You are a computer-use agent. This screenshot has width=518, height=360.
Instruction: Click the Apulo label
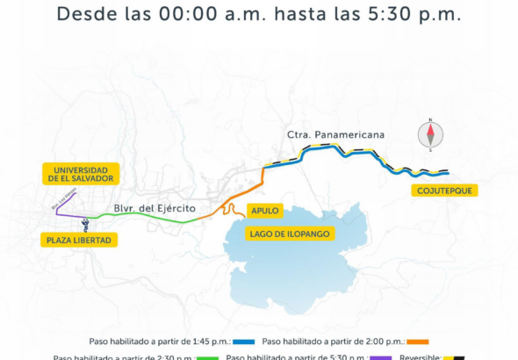(x=264, y=211)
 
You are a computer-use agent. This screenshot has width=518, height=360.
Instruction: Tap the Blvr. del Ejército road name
(x=154, y=208)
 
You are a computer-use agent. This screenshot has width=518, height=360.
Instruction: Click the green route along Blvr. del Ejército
(x=158, y=220)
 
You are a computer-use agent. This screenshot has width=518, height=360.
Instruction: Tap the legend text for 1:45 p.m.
(x=160, y=342)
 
